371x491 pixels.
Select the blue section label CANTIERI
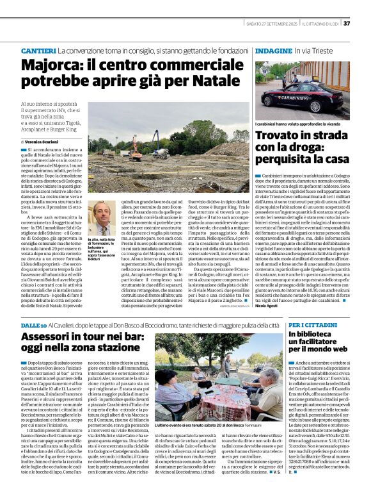[x=38, y=50]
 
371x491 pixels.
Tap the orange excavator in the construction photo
[x=136, y=152]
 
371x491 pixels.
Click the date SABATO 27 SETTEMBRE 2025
[x=272, y=24]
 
